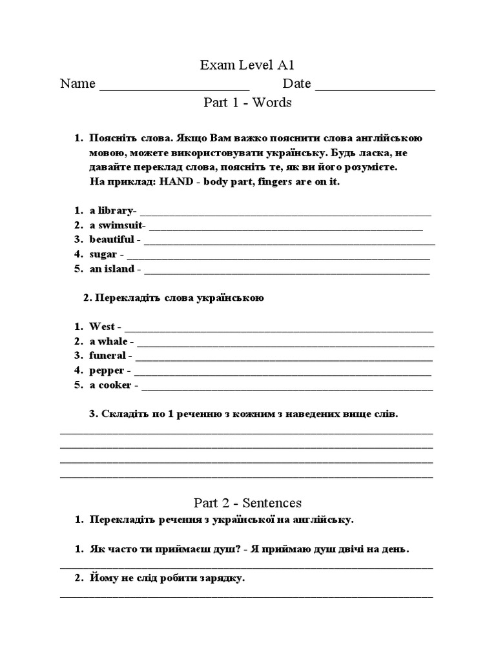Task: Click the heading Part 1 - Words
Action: (248, 102)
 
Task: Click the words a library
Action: (110, 210)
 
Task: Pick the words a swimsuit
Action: (116, 225)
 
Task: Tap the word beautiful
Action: (112, 239)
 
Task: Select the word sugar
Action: (103, 254)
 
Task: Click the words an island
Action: (112, 269)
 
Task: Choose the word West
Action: (102, 327)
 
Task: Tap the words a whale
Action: (108, 341)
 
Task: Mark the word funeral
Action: (108, 356)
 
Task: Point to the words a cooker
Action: (110, 385)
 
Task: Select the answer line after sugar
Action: (278, 257)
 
